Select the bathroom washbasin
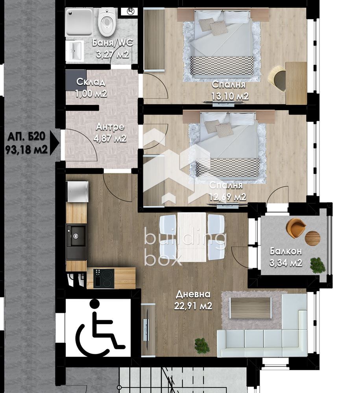(74, 51)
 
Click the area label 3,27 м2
(113, 54)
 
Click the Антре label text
(110, 127)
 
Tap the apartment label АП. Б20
(26, 137)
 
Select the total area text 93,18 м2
(26, 150)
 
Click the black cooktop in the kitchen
(103, 278)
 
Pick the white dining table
(192, 237)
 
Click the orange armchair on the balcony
(296, 227)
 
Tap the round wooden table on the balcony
(312, 238)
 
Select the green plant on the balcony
(318, 264)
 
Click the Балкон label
(286, 251)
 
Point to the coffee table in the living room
(251, 308)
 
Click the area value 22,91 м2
(194, 306)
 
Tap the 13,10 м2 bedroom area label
(230, 96)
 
